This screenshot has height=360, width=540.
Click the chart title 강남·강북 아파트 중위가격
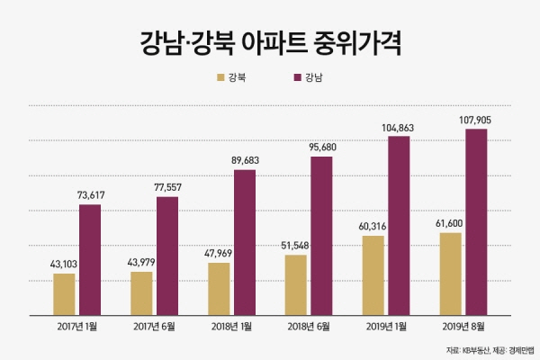[x=270, y=42]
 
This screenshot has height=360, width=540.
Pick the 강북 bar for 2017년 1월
[x=64, y=293]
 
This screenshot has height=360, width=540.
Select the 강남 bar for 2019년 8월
[x=476, y=221]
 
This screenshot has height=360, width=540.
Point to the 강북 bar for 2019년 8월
[x=450, y=274]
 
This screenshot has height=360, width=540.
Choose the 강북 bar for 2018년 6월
[x=296, y=284]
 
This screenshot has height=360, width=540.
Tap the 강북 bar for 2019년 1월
[x=373, y=274]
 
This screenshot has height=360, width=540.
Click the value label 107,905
[x=474, y=119]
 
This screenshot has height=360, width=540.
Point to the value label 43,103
[x=64, y=264]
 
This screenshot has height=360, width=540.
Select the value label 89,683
[x=245, y=159]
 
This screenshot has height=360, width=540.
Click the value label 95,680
[x=321, y=147]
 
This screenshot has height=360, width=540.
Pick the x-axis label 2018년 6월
[x=309, y=325]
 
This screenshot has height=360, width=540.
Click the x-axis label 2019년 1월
[x=386, y=325]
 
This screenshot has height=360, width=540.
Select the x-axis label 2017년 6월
[x=154, y=325]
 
